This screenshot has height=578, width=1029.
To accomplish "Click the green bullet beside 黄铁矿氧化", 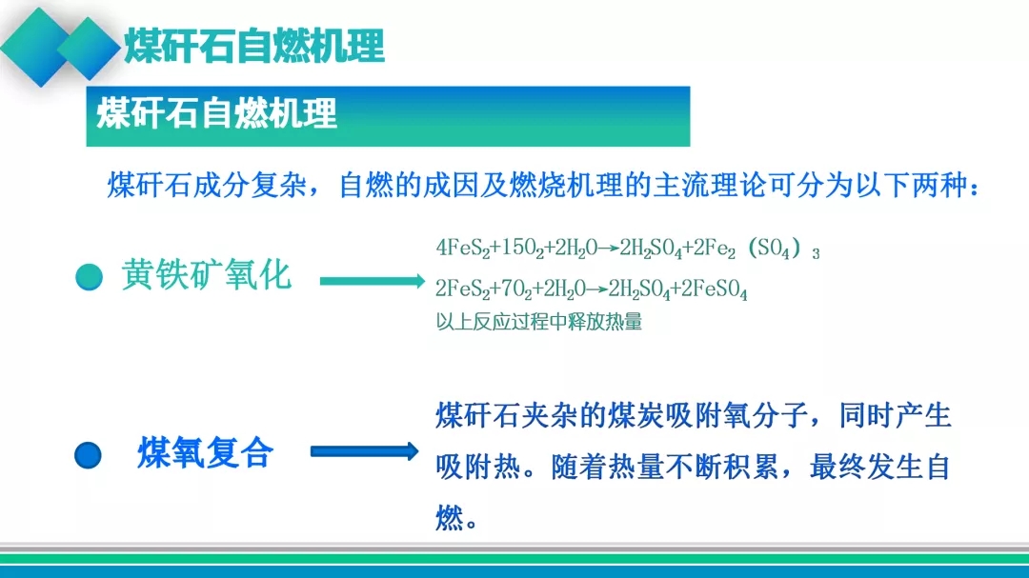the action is (x=90, y=276).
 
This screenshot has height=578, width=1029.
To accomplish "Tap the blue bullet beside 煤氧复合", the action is (x=88, y=455).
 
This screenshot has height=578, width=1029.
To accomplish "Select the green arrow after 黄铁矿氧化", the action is (x=373, y=281).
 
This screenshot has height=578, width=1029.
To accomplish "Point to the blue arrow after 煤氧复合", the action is (x=364, y=450).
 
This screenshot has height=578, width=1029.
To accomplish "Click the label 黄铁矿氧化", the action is (x=206, y=274).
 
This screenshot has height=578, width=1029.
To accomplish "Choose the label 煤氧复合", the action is (x=206, y=452).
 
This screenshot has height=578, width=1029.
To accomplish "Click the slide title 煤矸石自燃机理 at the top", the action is (x=254, y=46).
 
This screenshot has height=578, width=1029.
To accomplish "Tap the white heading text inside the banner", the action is (x=216, y=113).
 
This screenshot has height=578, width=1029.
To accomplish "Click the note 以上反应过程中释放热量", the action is (x=538, y=322).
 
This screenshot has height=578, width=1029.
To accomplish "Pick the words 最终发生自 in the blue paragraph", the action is (x=880, y=468).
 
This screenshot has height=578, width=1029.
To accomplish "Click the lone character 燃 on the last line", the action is (x=450, y=518).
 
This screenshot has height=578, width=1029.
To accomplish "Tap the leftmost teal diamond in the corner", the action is (x=38, y=48).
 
